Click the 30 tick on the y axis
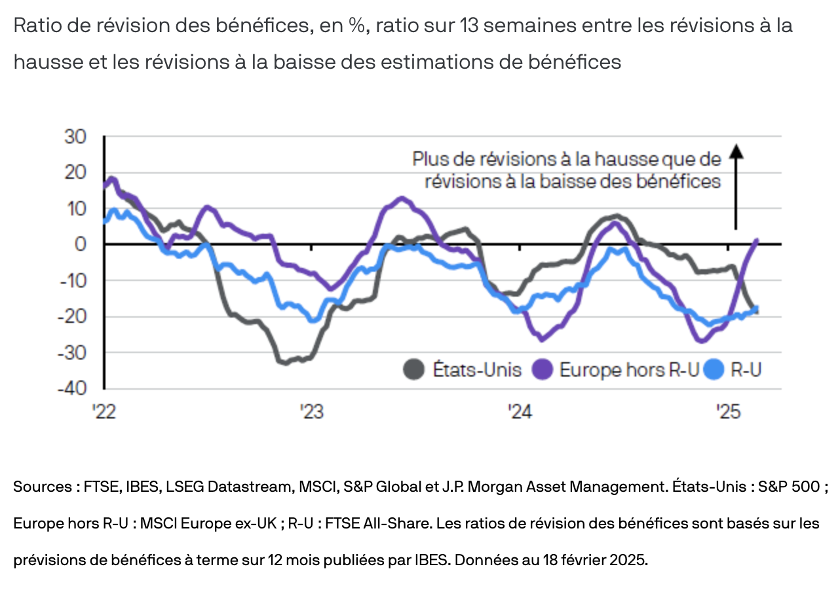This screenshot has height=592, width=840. pyautogui.click(x=76, y=137)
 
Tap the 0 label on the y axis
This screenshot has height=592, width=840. pyautogui.click(x=81, y=244)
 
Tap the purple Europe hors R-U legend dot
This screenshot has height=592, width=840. pyautogui.click(x=543, y=370)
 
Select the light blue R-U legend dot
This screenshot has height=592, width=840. pyautogui.click(x=715, y=370)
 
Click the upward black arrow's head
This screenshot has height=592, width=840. pyautogui.click(x=736, y=152)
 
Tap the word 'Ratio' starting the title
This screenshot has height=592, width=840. pyautogui.click(x=35, y=27)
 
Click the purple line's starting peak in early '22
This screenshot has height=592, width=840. pyautogui.click(x=112, y=178)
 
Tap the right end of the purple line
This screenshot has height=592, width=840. pyautogui.click(x=757, y=240)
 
